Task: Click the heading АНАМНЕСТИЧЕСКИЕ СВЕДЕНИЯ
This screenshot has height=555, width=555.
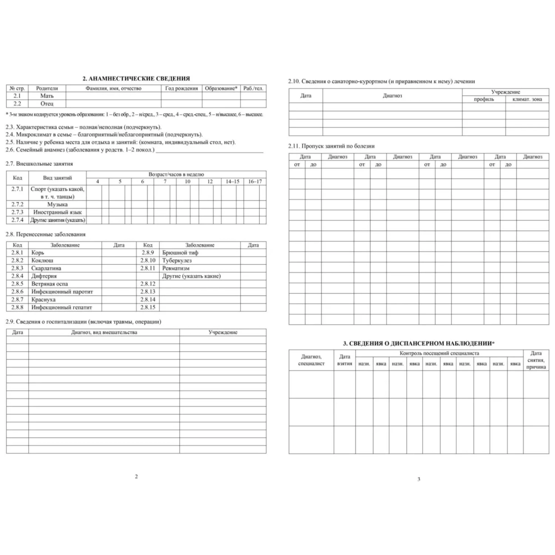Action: tap(136, 79)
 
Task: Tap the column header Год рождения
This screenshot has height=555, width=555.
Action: tap(181, 88)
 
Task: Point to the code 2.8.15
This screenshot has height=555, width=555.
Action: tap(148, 307)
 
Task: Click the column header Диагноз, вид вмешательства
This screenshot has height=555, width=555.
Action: tap(104, 332)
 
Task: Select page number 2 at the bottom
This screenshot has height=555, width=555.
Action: tap(136, 476)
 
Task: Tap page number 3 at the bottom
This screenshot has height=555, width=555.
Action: tap(418, 479)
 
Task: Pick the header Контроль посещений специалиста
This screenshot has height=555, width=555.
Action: tap(438, 354)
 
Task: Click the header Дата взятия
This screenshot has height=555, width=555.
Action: tap(345, 360)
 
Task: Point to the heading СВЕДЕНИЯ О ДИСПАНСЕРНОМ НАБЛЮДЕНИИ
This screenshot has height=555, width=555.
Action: tap(418, 344)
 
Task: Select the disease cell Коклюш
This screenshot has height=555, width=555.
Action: tap(42, 260)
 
